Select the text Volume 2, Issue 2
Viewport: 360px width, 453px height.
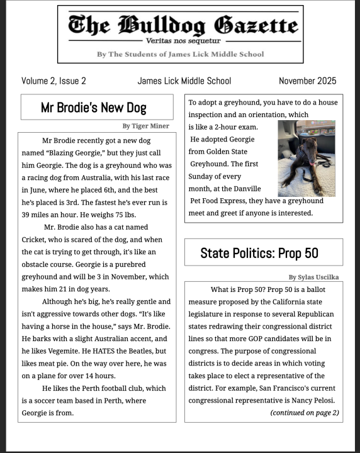coord(53,81)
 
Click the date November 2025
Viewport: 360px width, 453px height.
coord(307,81)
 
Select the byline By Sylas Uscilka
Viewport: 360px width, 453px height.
coord(313,277)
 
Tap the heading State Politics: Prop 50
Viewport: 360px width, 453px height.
coord(259,253)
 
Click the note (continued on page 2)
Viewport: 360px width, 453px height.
coord(305,413)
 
